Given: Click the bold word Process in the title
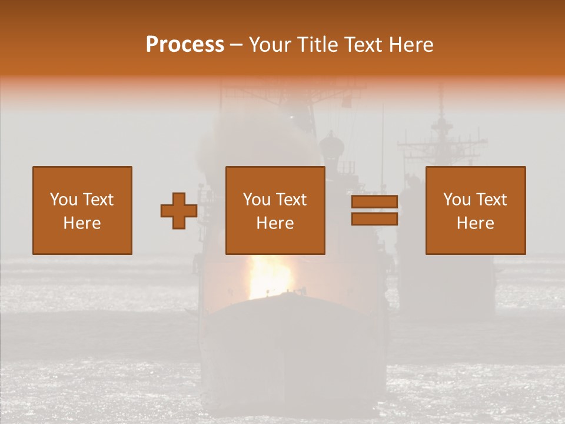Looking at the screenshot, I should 185,45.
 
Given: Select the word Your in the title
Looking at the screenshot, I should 270,45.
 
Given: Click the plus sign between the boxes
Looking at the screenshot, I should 179,211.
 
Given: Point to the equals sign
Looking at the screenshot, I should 374,210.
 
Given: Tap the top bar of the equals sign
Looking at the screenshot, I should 374,202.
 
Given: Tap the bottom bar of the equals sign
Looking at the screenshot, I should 374,219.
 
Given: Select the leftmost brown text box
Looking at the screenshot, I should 82,210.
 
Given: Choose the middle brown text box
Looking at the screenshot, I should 275,210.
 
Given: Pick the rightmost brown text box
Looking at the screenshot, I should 476,210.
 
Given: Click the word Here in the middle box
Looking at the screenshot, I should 275,223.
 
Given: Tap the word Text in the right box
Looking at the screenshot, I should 491,200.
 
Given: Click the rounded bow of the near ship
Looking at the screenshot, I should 288,330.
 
